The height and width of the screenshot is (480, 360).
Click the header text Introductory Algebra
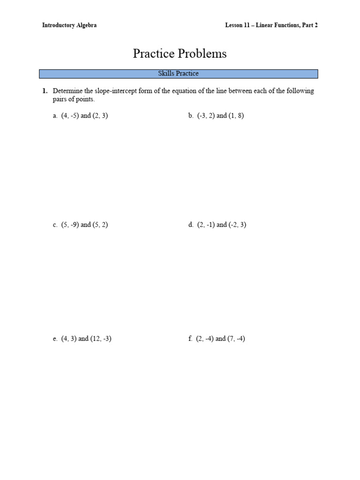69,25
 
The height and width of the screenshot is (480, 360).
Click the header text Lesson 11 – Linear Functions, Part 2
271,25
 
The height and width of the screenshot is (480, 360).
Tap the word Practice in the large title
153,54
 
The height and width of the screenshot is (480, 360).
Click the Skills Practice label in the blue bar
178,74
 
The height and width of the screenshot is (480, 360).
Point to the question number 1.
45,91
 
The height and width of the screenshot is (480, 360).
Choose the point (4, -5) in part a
70,116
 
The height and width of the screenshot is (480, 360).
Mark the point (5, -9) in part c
70,225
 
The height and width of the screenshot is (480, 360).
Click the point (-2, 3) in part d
238,225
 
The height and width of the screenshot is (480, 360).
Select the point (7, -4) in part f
236,338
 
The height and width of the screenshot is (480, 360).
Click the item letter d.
191,225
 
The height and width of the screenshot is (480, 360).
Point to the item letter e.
55,338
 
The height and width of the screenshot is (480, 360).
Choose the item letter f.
190,338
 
